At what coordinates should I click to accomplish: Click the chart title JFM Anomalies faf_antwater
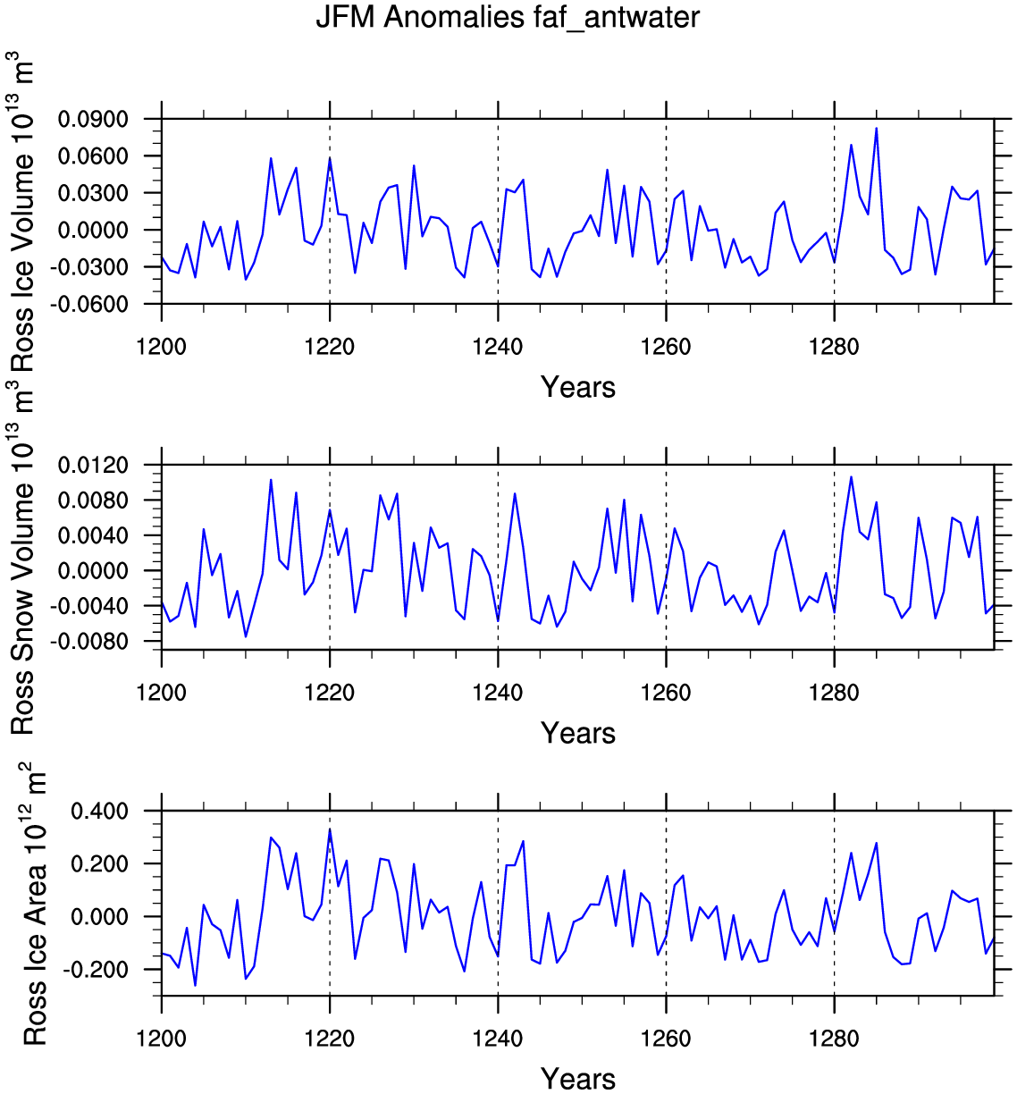pyautogui.click(x=508, y=18)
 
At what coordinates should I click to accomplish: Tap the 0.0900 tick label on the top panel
pyautogui.click(x=93, y=119)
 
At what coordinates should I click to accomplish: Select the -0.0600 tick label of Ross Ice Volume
pyautogui.click(x=88, y=304)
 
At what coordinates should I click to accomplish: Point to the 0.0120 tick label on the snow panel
pyautogui.click(x=93, y=466)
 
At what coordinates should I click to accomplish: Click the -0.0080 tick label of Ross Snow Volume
pyautogui.click(x=88, y=642)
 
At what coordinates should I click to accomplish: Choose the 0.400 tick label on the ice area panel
pyautogui.click(x=100, y=812)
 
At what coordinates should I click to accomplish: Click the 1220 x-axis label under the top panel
pyautogui.click(x=330, y=347)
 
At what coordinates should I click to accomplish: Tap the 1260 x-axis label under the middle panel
pyautogui.click(x=666, y=693)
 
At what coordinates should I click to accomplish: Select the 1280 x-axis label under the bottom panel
pyautogui.click(x=834, y=1039)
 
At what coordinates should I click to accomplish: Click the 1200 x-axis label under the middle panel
pyautogui.click(x=162, y=693)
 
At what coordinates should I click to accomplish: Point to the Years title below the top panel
pyautogui.click(x=578, y=387)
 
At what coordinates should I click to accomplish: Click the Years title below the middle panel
pyautogui.click(x=578, y=733)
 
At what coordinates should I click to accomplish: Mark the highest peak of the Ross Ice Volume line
pyautogui.click(x=876, y=129)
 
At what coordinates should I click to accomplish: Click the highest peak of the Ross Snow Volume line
pyautogui.click(x=851, y=477)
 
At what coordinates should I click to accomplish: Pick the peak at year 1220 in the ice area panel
pyautogui.click(x=330, y=829)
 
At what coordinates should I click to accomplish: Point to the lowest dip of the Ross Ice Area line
pyautogui.click(x=195, y=985)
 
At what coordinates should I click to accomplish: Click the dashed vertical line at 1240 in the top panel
pyautogui.click(x=498, y=211)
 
